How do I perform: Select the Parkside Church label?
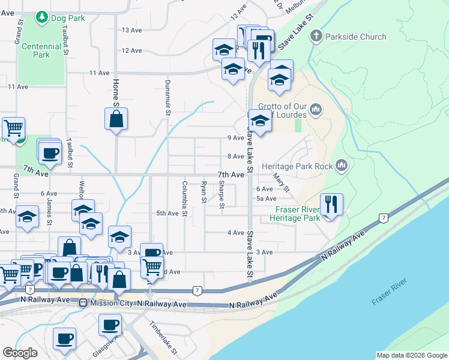pyautogui.click(x=355, y=37)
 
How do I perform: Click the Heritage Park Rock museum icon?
pyautogui.click(x=342, y=164)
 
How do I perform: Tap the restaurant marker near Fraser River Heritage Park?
pyautogui.click(x=331, y=205)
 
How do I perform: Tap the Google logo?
pyautogui.click(x=20, y=353)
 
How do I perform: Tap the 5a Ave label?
pyautogui.click(x=266, y=199)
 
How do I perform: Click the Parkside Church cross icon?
pyautogui.click(x=316, y=37)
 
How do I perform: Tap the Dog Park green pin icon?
pyautogui.click(x=42, y=18)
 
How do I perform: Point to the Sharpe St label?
pyautogui.click(x=221, y=195)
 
